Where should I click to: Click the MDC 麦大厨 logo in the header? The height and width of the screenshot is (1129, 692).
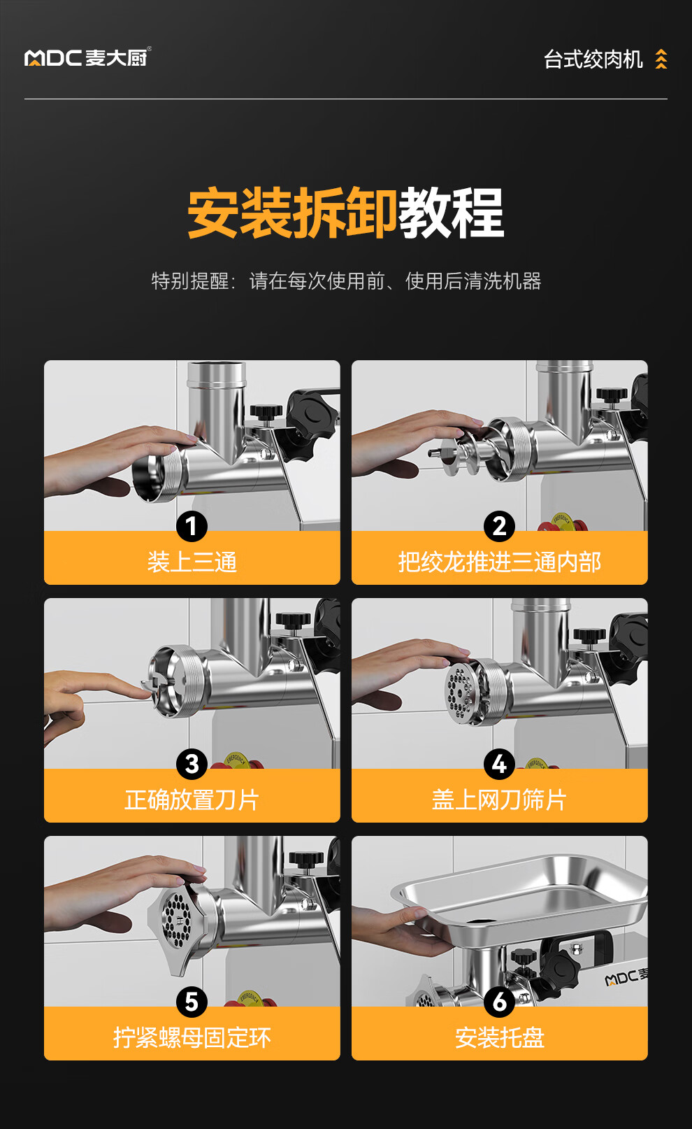tap(87, 57)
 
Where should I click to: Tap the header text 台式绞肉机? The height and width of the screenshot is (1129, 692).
tap(593, 59)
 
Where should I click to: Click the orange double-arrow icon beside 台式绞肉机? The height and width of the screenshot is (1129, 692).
tap(661, 59)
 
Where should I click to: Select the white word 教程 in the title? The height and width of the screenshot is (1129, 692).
tap(452, 212)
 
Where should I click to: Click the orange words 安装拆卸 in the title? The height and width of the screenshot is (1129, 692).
tap(293, 212)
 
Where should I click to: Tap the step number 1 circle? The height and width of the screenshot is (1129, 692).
tap(192, 526)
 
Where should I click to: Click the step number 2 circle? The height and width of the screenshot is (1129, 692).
tap(499, 526)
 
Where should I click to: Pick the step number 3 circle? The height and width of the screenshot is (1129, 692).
tap(192, 764)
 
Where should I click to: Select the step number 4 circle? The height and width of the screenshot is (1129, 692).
tap(499, 764)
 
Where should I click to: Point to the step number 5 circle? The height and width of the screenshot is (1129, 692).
tap(192, 1002)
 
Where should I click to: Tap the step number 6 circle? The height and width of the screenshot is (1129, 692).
tap(499, 1002)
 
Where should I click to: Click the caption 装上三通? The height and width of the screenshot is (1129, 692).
tap(192, 562)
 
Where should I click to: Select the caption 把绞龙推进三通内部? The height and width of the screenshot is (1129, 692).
tap(500, 562)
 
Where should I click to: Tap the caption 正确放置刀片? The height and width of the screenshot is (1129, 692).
tap(192, 800)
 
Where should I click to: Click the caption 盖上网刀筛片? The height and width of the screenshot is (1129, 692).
tap(499, 800)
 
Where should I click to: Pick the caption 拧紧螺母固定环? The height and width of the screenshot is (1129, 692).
tap(192, 1038)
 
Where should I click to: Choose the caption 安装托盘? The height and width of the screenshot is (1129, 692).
tap(500, 1038)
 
